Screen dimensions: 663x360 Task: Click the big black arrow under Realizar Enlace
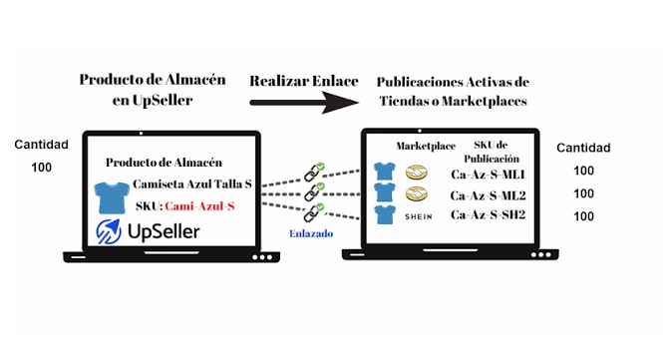[304, 103]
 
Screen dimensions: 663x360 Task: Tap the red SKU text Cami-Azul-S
[199, 206]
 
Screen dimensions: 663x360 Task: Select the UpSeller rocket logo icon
[109, 231]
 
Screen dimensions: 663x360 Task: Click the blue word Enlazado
[311, 233]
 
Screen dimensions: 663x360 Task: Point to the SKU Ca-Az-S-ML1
[488, 175]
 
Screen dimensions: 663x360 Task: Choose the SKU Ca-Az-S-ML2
[488, 195]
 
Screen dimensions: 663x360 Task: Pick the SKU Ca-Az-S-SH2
[488, 214]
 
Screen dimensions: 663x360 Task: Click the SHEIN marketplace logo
[418, 216]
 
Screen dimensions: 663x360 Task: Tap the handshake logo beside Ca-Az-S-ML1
[417, 173]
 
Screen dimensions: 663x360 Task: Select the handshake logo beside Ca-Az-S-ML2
[417, 193]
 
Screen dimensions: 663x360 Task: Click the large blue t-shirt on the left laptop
[112, 198]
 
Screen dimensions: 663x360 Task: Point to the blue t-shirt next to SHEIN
[385, 214]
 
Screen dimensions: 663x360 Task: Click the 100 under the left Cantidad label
[42, 168]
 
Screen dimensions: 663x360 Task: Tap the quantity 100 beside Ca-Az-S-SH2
[583, 216]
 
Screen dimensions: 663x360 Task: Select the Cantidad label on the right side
[583, 148]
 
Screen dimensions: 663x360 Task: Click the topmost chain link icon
[314, 173]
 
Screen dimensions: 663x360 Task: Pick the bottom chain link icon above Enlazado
[314, 212]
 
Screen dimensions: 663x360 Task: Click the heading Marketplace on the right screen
[426, 147]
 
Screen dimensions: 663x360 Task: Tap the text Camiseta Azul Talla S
[192, 184]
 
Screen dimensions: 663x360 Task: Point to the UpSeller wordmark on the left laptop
[164, 231]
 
